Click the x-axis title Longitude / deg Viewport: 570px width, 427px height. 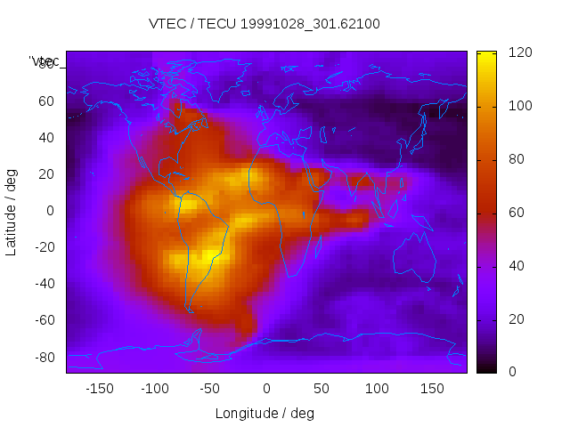(265, 413)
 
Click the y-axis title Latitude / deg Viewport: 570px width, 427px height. (12, 210)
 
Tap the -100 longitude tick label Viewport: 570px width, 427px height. (154, 389)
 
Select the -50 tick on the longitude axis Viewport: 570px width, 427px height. (210, 389)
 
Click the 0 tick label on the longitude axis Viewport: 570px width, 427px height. (266, 389)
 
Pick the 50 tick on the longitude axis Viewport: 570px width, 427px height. (322, 389)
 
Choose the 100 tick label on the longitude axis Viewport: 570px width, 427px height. (377, 389)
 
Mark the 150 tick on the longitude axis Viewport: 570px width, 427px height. (433, 389)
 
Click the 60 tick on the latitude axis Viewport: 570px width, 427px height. (45, 101)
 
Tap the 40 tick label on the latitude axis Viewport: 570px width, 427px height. (45, 138)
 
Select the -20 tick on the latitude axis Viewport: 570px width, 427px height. (42, 247)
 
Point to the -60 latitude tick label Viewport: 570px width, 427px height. (42, 320)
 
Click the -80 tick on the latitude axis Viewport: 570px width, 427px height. (42, 357)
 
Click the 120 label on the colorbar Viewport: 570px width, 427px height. (519, 52)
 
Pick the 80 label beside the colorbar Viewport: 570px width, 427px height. (516, 159)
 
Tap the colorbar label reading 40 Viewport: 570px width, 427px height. (516, 266)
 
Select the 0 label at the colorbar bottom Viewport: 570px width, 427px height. (511, 372)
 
